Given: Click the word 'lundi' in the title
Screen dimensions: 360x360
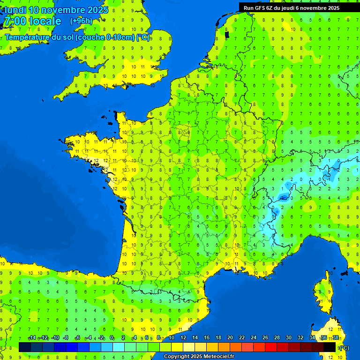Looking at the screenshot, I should click(x=15, y=10).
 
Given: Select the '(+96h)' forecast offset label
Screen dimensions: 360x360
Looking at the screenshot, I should click(x=81, y=21).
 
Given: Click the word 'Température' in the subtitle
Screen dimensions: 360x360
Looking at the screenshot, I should click(x=28, y=37).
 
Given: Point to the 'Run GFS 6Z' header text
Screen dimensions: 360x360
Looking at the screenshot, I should click(x=260, y=7).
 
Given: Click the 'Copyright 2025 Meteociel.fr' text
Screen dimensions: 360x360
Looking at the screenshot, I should click(x=199, y=357).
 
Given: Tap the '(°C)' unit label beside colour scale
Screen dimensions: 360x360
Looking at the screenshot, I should click(x=344, y=348).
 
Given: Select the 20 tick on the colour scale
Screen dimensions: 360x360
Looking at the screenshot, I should click(x=230, y=338).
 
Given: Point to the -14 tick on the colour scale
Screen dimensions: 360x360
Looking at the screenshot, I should click(x=32, y=338).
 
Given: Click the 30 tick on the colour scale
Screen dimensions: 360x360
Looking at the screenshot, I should click(x=289, y=338).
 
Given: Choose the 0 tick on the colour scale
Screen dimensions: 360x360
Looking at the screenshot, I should click(x=112, y=338).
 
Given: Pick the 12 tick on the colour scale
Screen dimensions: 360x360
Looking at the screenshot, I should click(x=183, y=338).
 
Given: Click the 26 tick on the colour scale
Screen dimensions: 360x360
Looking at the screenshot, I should click(x=265, y=338).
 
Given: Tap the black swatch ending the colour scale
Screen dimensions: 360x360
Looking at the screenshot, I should click(x=330, y=347).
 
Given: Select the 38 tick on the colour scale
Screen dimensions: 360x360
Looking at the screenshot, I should click(x=336, y=338).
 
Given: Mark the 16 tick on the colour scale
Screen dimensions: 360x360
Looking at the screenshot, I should click(x=207, y=338).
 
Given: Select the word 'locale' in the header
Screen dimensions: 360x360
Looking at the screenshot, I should click(x=45, y=21).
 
